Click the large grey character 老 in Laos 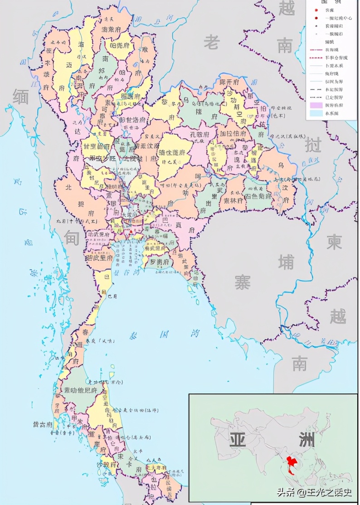point(212,43)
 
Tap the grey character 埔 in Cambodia point(286,262)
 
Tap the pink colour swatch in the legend point(313,105)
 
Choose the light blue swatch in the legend point(313,114)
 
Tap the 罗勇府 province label point(160,262)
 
